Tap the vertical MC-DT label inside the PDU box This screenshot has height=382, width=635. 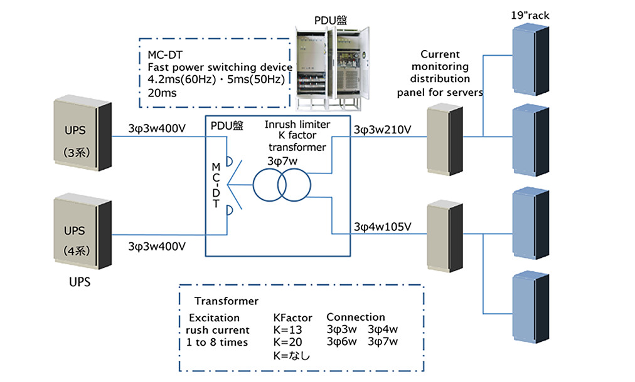click(217, 185)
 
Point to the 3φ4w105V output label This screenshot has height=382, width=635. click(382, 226)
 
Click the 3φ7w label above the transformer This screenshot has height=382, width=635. click(283, 162)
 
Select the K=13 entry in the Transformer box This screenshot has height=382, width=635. click(289, 330)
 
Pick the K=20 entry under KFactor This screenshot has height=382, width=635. click(289, 343)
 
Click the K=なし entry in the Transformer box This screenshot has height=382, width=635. click(292, 356)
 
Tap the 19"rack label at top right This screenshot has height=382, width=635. click(530, 15)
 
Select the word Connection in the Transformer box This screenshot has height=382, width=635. click(355, 317)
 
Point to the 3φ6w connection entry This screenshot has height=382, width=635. click(342, 342)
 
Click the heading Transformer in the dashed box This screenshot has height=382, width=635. click(226, 301)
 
